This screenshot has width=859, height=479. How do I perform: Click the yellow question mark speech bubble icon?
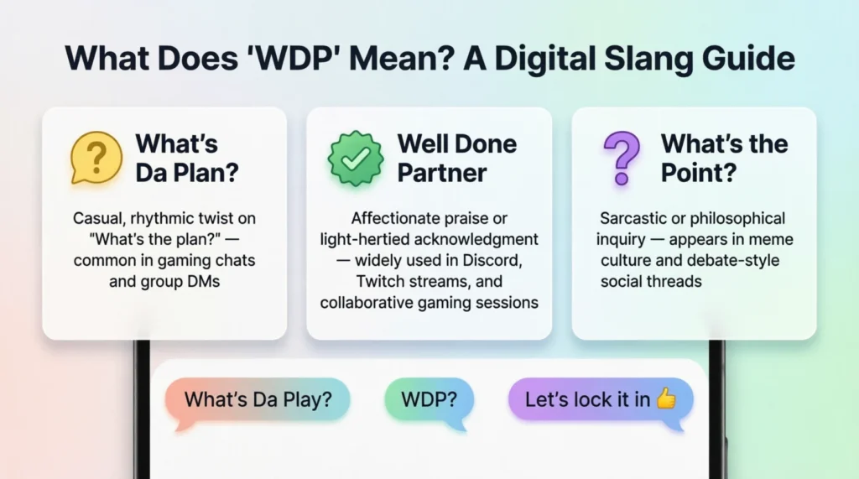[x=96, y=158]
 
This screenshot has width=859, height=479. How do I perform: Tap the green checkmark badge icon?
[x=356, y=159]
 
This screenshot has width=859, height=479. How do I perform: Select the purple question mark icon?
[x=622, y=158]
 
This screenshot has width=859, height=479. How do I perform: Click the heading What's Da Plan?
[x=187, y=159]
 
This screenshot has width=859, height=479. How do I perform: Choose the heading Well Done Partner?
[x=457, y=159]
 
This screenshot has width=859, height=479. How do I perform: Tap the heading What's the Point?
[x=724, y=159]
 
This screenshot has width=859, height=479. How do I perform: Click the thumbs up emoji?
[x=665, y=398]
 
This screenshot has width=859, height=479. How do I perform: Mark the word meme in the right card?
[x=773, y=240]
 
